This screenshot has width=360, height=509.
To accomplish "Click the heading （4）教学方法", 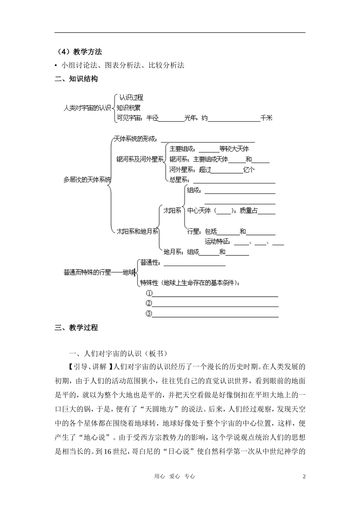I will tap(78, 52).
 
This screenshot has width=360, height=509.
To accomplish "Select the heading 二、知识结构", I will tap(76, 79).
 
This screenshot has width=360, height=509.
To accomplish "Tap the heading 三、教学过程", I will tap(76, 328).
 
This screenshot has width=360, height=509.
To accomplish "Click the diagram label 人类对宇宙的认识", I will tap(87, 108).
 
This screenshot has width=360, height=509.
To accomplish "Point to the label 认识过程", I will tap(131, 98).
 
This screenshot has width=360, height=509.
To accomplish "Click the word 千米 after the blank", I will tap(266, 118).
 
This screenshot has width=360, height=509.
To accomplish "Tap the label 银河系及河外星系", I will tap(140, 159).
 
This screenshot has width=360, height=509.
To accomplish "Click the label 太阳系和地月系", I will tap(137, 231).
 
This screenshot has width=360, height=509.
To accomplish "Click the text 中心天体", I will tap(199, 211).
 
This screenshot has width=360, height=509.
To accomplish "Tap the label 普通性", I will tap(150, 262).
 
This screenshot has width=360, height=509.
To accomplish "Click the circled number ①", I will tap(149, 294).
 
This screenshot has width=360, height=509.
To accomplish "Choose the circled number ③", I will tap(149, 314).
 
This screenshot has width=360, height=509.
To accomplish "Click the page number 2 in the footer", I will tap(304, 476).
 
